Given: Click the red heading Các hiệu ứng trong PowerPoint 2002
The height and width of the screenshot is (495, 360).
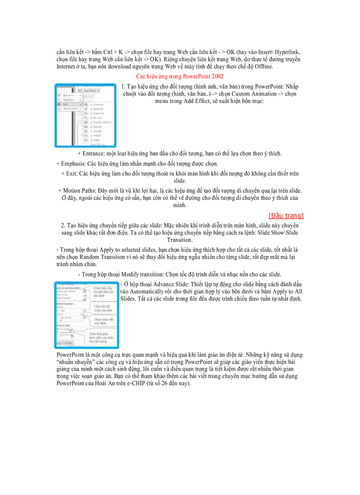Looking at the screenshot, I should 180,76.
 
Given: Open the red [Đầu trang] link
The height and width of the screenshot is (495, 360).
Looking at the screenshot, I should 286,216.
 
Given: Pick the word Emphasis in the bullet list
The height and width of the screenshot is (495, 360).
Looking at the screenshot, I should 73,164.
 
